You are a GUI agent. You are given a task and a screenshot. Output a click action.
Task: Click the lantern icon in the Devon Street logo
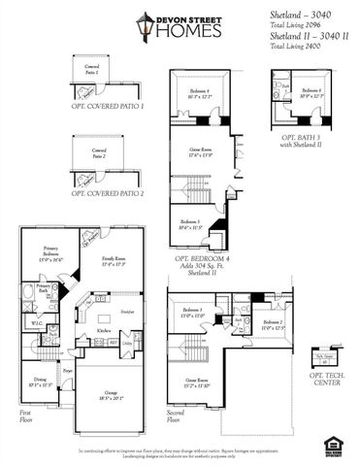click(146, 26)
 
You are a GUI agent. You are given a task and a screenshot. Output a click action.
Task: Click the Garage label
click(113, 394)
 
